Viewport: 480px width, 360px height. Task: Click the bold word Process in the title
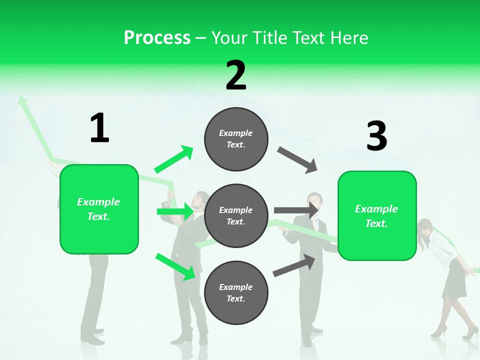[x=157, y=37]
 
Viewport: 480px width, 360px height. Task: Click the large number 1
[x=99, y=128]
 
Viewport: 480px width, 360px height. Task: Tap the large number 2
[x=236, y=75]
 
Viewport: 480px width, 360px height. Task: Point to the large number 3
[x=376, y=136]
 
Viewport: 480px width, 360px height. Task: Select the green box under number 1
[x=99, y=209]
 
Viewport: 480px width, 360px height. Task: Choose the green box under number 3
[x=377, y=215]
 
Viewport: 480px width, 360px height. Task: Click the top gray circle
[x=236, y=139]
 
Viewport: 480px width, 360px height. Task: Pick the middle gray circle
[x=236, y=216]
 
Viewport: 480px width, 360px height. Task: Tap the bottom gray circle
[x=236, y=293]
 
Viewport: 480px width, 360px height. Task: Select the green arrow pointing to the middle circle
[x=175, y=211]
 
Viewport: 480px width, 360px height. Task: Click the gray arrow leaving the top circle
[x=297, y=159]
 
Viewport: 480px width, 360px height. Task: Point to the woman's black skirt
[x=454, y=279]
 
